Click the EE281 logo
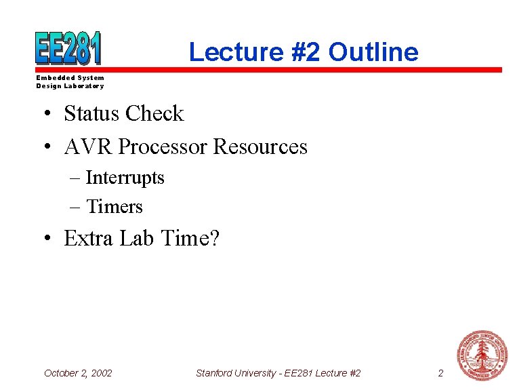pyautogui.click(x=68, y=48)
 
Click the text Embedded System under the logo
pyautogui.click(x=70, y=78)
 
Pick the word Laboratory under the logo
pyautogui.click(x=84, y=86)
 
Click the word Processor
pyautogui.click(x=163, y=147)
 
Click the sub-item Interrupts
pyautogui.click(x=125, y=178)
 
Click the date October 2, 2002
pyautogui.click(x=78, y=373)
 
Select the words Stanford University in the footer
pyautogui.click(x=234, y=373)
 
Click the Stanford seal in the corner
pyautogui.click(x=482, y=355)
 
